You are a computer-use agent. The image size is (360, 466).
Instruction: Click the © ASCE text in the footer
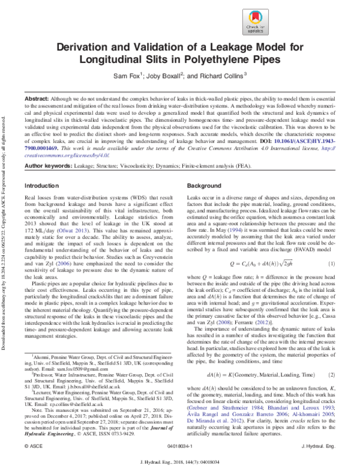click(32, 447)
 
